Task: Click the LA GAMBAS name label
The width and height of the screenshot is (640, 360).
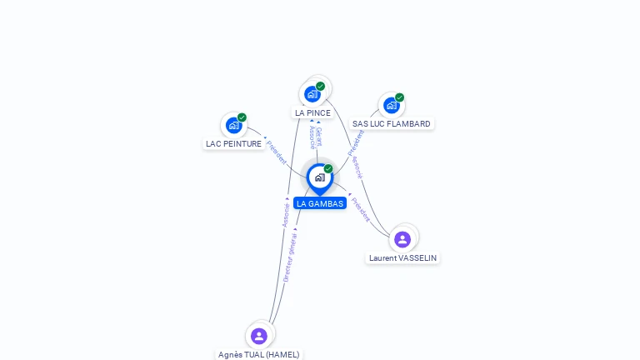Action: click(319, 203)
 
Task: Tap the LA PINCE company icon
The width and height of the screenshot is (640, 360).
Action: click(312, 94)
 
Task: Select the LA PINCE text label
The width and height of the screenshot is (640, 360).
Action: click(312, 112)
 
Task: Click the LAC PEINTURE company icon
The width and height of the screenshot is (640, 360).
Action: click(234, 126)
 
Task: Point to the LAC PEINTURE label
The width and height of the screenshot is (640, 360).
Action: click(233, 143)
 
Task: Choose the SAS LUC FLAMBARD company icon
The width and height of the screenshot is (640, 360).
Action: click(392, 106)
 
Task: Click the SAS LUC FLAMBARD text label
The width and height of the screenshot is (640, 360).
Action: click(391, 124)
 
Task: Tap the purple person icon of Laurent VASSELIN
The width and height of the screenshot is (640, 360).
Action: click(402, 239)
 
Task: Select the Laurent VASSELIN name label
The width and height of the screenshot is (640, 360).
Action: click(402, 258)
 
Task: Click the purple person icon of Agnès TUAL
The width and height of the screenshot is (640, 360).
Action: click(259, 336)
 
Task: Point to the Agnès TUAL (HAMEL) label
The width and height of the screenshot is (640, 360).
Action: click(258, 354)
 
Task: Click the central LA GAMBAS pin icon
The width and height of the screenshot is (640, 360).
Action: click(319, 177)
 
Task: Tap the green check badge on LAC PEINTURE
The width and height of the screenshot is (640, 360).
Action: click(242, 117)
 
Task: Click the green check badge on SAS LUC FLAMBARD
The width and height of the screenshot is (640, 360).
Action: click(399, 97)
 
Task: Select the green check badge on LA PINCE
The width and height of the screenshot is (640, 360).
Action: click(320, 86)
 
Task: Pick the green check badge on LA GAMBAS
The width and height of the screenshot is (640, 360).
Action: click(328, 168)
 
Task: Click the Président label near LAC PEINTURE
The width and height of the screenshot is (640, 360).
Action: click(277, 152)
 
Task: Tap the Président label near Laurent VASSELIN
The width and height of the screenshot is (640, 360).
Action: click(361, 209)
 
